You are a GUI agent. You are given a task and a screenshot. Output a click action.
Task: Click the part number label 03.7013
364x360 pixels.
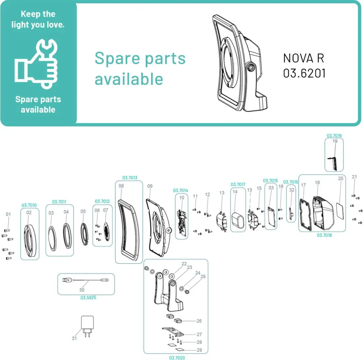pyautogui.click(x=130, y=178)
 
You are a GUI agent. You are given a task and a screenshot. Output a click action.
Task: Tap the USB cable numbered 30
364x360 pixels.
pyautogui.click(x=85, y=280)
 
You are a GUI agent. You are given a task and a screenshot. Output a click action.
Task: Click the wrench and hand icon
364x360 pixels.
pyautogui.click(x=36, y=64)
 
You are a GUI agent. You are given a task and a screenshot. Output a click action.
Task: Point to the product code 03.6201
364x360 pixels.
pyautogui.click(x=304, y=73)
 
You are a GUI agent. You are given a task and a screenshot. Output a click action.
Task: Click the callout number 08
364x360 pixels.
pyautogui.click(x=121, y=186)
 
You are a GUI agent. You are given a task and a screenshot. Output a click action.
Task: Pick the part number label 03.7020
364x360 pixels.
pyautogui.click(x=177, y=358)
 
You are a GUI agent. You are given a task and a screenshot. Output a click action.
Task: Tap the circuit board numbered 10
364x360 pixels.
pyautogui.click(x=182, y=223)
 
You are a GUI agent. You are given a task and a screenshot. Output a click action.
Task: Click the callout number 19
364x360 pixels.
pyautogui.click(x=335, y=141)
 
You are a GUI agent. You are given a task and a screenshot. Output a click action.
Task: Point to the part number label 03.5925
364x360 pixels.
pyautogui.click(x=88, y=298)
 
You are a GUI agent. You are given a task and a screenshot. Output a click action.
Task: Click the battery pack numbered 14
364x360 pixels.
pyautogui.click(x=238, y=220)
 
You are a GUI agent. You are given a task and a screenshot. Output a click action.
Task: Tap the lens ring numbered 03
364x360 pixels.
pyautogui.click(x=52, y=238)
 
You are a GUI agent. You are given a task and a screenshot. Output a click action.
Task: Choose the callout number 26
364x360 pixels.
pyautogui.click(x=199, y=321)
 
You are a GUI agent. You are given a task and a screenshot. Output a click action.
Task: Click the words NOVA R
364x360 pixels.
pyautogui.click(x=303, y=58)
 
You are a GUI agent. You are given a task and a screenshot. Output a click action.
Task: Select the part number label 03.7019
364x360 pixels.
pyautogui.click(x=334, y=136)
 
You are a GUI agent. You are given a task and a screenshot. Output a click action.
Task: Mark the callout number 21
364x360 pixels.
pyautogui.click(x=354, y=177)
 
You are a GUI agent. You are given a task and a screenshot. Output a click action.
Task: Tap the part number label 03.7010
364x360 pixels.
pyautogui.click(x=29, y=205)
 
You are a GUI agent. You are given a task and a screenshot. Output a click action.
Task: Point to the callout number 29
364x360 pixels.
pyautogui.click(x=199, y=350)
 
